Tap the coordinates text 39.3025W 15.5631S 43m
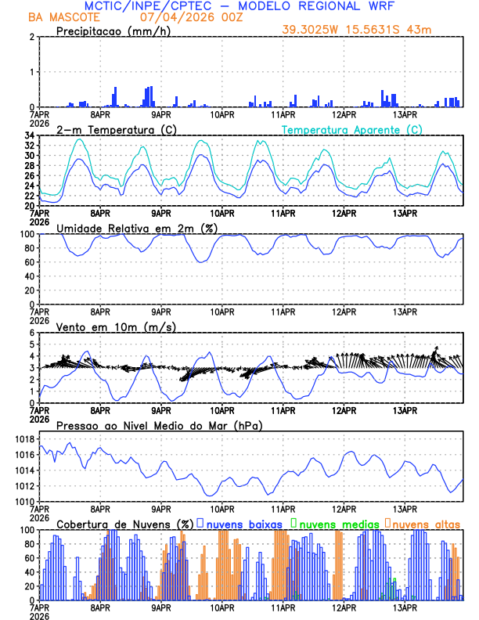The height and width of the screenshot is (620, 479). click(x=356, y=30)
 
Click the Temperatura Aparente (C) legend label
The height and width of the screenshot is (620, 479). click(x=351, y=129)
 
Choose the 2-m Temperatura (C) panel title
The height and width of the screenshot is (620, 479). click(x=112, y=129)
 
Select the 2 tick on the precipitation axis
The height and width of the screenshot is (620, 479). click(x=31, y=37)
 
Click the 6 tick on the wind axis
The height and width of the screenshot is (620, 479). click(x=31, y=333)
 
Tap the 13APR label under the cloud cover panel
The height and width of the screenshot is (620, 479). click(x=404, y=607)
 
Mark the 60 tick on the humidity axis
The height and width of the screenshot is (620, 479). click(x=29, y=262)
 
